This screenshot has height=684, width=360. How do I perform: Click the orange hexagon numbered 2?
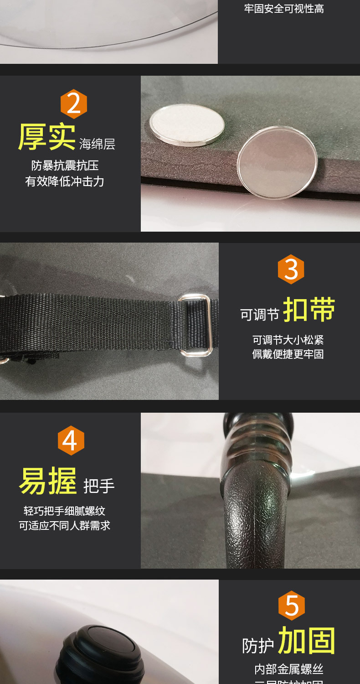click(74, 104)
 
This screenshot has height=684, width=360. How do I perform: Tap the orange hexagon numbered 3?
click(291, 269)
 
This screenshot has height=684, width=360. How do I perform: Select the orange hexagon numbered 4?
click(71, 440)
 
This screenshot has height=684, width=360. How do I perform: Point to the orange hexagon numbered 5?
click(292, 606)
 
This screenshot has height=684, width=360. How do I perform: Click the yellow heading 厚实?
click(46, 137)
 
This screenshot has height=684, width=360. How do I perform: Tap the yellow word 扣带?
click(309, 310)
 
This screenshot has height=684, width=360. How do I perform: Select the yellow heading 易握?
click(48, 481)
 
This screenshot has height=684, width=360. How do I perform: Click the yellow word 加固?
click(307, 641)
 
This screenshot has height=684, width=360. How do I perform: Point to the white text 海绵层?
click(97, 144)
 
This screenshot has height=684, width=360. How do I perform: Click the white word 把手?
click(99, 487)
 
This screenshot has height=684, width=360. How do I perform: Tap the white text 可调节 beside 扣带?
click(260, 315)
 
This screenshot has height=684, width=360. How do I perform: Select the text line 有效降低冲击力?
click(65, 181)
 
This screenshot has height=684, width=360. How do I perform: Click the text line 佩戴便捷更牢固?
click(288, 354)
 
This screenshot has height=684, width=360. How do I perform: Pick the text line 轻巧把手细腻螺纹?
click(64, 511)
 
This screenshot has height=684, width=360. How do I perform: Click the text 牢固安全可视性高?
click(284, 9)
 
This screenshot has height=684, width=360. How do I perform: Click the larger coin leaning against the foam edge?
click(277, 162)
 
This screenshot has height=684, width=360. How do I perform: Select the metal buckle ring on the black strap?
click(195, 325)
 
